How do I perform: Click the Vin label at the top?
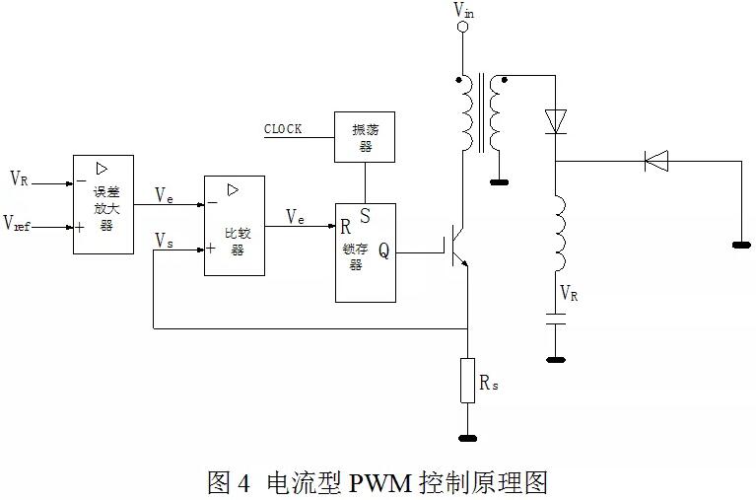point(462,10)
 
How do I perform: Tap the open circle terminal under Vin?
point(461,28)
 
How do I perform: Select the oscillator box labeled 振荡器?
point(365,136)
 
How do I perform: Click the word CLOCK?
point(283,129)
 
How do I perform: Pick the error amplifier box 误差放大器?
point(103,204)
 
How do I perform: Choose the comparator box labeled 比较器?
point(235,226)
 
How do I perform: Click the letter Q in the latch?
point(383,250)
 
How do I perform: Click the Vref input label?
point(18,225)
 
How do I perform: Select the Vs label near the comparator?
point(165,240)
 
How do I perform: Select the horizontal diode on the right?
point(656,160)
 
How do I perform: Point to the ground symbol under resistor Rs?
point(467,437)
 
